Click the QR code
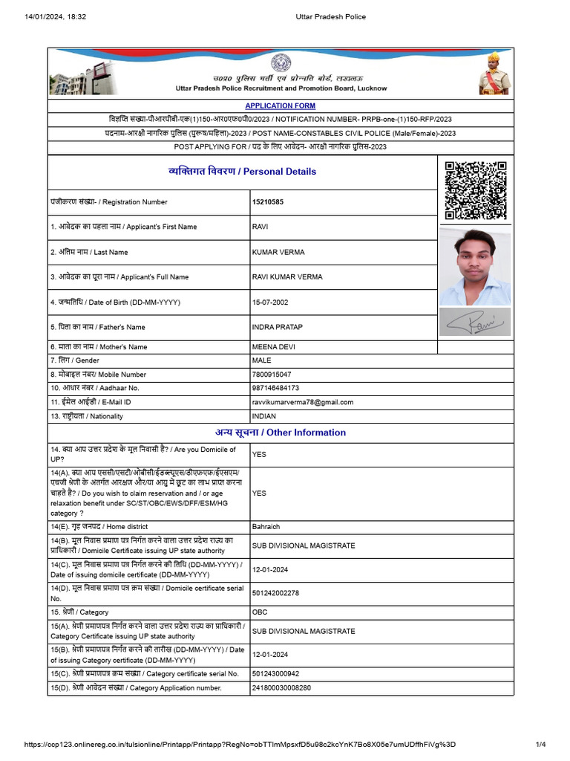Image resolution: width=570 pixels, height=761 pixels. pyautogui.click(x=475, y=190)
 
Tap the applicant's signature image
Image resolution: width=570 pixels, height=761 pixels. pyautogui.click(x=475, y=323)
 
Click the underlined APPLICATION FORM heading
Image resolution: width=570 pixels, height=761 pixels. pyautogui.click(x=280, y=106)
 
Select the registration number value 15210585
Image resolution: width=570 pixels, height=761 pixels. pyautogui.click(x=267, y=202)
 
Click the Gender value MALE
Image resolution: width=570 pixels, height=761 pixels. pyautogui.click(x=262, y=360)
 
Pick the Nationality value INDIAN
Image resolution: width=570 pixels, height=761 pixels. pyautogui.click(x=264, y=416)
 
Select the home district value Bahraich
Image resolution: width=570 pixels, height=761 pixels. pyautogui.click(x=266, y=526)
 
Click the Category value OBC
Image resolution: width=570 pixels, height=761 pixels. pyautogui.click(x=260, y=612)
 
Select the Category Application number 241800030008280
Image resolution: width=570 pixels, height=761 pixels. pyautogui.click(x=281, y=687)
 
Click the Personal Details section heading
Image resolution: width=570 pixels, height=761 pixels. pyautogui.click(x=242, y=172)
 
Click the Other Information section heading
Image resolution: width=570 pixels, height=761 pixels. pyautogui.click(x=281, y=433)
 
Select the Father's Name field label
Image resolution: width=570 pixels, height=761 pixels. pyautogui.click(x=98, y=327)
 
